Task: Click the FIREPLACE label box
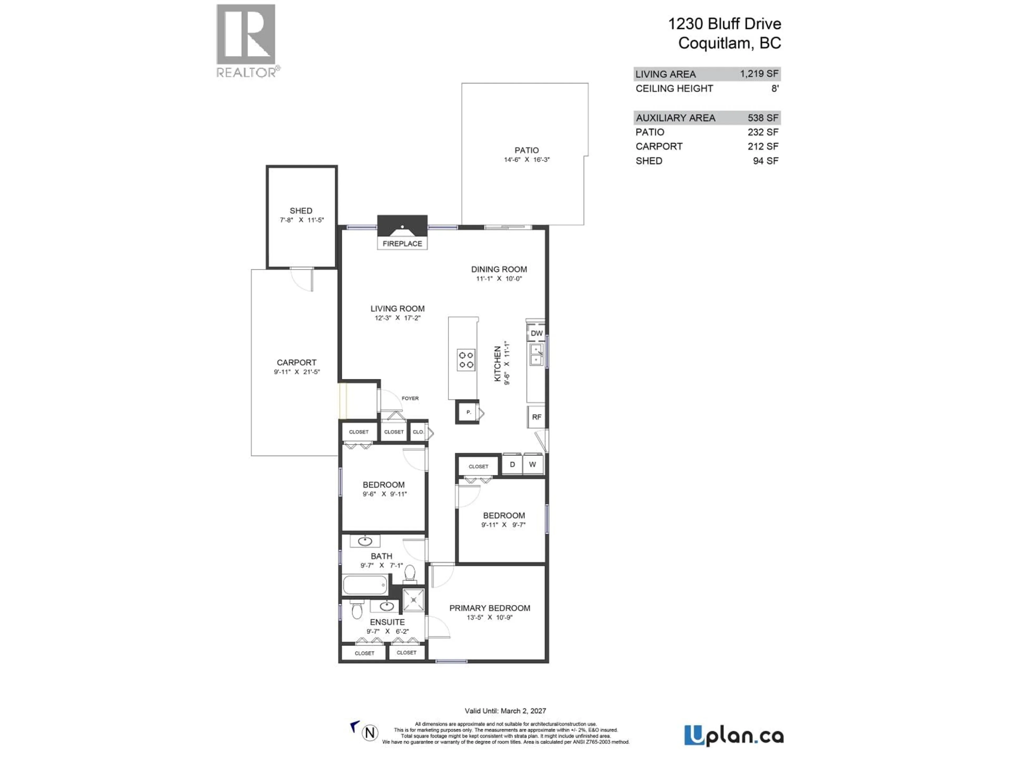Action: (402, 243)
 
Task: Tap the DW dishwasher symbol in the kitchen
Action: (537, 333)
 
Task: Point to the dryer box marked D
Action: (512, 464)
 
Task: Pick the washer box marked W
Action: (532, 464)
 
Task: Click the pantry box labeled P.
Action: (468, 412)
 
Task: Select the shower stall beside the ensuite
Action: (414, 600)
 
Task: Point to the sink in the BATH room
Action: (365, 541)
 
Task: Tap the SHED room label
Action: (301, 211)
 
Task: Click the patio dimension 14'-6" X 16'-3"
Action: (527, 159)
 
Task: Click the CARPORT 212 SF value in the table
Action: (763, 146)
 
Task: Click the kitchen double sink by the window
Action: (536, 355)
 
